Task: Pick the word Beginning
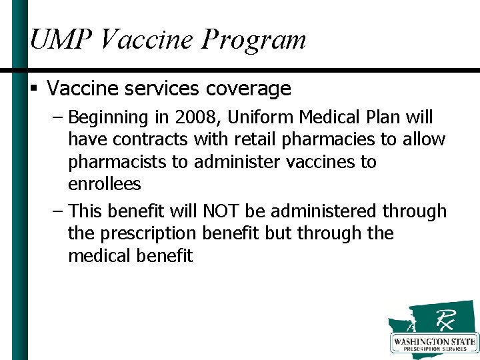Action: (107, 119)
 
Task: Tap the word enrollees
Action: (104, 184)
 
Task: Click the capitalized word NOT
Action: (221, 212)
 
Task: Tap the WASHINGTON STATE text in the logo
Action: (434, 342)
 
